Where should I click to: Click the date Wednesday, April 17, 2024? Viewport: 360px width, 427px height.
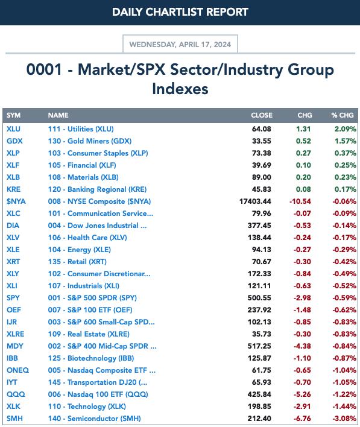point(180,45)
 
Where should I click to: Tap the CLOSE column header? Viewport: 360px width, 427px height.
point(262,115)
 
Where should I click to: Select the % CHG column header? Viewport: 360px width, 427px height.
point(343,115)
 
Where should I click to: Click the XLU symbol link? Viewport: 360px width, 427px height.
point(13,129)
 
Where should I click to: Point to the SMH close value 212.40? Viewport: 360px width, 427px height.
point(259,419)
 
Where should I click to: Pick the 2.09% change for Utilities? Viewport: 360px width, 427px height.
point(346,129)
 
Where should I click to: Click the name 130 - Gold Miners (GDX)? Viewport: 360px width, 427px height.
point(90,141)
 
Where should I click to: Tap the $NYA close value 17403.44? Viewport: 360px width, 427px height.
point(255,201)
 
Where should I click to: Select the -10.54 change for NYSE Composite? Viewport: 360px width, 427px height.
point(300,201)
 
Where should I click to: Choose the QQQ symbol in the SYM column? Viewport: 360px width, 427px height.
point(16,394)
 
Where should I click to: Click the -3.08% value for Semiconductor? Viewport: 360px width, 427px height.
point(344,419)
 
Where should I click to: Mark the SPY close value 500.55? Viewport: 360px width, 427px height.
point(259,298)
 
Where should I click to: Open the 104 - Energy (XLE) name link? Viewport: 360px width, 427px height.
point(80,250)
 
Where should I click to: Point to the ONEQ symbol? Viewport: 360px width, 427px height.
point(17,370)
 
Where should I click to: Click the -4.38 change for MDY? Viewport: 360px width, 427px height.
point(302,346)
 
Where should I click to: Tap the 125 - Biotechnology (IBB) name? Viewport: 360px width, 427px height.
point(91,358)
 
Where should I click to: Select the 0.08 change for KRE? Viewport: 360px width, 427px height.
point(303,189)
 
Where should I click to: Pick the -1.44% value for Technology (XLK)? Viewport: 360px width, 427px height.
point(344,406)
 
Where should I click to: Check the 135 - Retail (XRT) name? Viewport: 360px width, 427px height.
point(77,262)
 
